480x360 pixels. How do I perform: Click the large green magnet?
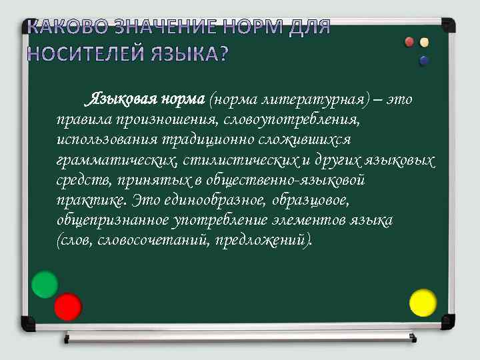[45, 284]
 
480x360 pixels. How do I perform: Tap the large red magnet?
[67, 306]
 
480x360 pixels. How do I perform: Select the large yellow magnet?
[422, 302]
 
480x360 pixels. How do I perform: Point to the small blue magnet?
[424, 61]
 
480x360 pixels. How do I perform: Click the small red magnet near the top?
[410, 42]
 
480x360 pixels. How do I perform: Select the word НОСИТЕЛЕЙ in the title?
[85, 53]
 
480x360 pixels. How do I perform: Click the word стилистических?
[239, 161]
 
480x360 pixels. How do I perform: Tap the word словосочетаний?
[154, 240]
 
